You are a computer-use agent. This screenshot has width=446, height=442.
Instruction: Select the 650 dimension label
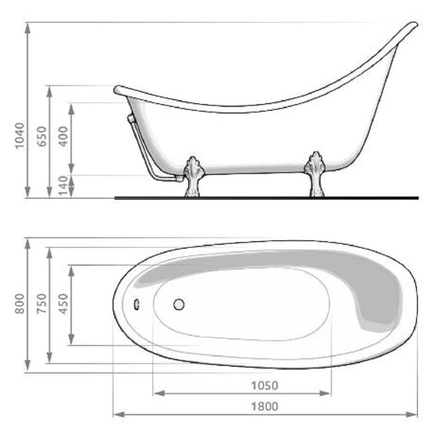(x=42, y=136)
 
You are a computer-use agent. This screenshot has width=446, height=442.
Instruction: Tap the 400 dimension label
(x=64, y=136)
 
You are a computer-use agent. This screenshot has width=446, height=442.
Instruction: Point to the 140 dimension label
(x=64, y=186)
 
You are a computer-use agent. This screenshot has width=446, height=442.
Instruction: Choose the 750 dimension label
(x=42, y=303)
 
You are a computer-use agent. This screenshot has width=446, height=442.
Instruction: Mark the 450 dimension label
(x=64, y=303)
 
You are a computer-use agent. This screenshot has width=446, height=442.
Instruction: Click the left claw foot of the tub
(x=192, y=175)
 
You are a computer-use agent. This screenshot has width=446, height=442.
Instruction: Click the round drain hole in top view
(x=179, y=305)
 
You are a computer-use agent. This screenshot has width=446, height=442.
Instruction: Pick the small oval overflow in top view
(x=137, y=305)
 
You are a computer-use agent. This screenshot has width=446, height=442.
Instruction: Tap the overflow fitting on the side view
(x=130, y=118)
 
